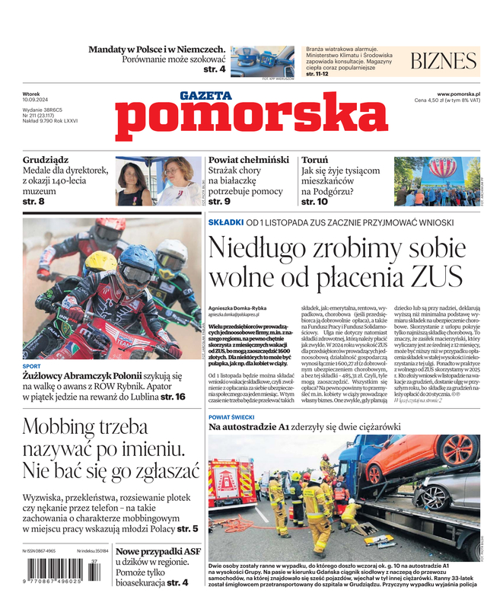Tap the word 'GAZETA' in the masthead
click(x=205, y=95)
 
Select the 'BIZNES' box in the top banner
click(x=443, y=62)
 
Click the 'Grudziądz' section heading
click(x=46, y=161)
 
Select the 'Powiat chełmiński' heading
click(x=248, y=161)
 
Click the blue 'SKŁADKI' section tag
click(x=225, y=222)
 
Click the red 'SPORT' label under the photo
click(x=31, y=366)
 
